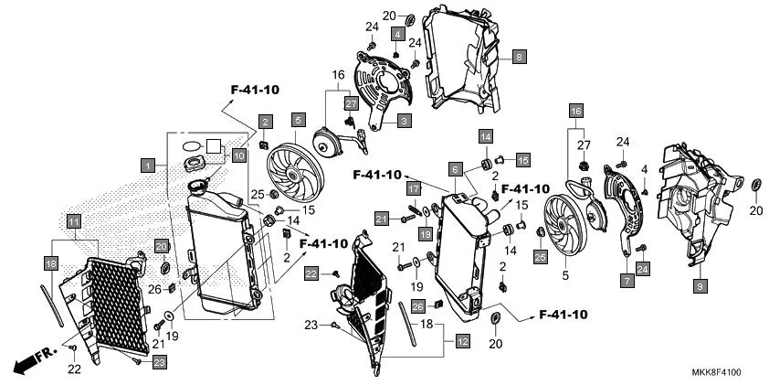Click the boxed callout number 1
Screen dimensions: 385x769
click(146, 166)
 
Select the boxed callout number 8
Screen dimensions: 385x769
click(519, 57)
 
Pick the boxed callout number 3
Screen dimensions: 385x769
click(403, 119)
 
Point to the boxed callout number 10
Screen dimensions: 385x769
click(238, 155)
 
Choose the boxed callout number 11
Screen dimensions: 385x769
click(74, 220)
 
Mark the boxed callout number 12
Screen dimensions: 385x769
click(462, 342)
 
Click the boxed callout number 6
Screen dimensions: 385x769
click(454, 169)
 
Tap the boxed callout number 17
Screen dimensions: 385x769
click(413, 188)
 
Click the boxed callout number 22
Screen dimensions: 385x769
click(311, 273)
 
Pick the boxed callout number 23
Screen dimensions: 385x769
click(159, 363)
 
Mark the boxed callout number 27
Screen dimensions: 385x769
click(351, 104)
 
